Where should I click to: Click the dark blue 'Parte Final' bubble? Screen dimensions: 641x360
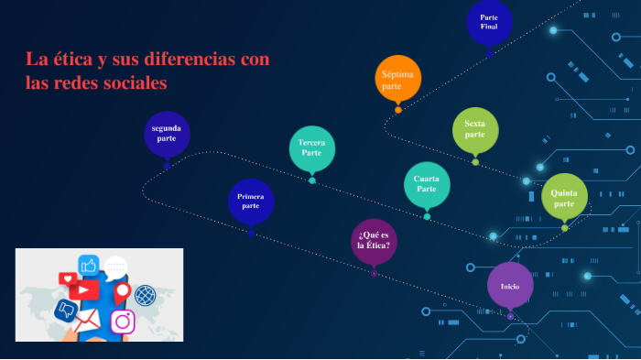point(489,22)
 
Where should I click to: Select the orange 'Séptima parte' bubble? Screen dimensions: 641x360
point(398,79)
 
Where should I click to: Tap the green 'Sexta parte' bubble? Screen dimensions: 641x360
point(475,130)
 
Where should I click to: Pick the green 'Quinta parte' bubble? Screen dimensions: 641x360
point(564,197)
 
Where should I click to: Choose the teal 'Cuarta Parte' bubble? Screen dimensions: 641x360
point(427,183)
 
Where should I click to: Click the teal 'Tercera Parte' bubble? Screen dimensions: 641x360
point(311,147)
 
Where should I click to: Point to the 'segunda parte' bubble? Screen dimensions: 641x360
point(167,134)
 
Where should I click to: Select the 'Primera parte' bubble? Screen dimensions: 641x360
point(250,202)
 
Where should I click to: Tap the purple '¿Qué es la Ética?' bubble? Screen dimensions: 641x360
point(374,241)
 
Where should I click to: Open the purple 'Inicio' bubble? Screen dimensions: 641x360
point(510,286)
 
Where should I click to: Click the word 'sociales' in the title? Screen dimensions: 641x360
point(136,82)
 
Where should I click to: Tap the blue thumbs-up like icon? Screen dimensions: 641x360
point(89,266)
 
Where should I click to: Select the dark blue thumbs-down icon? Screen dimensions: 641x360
point(66,310)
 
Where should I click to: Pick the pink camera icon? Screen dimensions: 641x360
point(122,322)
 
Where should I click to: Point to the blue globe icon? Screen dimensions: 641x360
point(145,295)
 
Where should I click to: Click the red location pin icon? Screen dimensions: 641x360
point(121,291)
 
